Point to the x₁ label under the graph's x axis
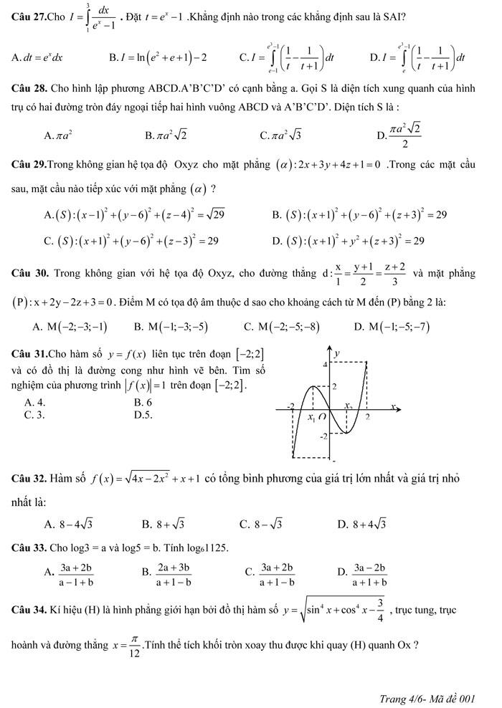[311, 418]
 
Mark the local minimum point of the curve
[346, 433]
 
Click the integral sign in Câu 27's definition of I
[86, 16]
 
